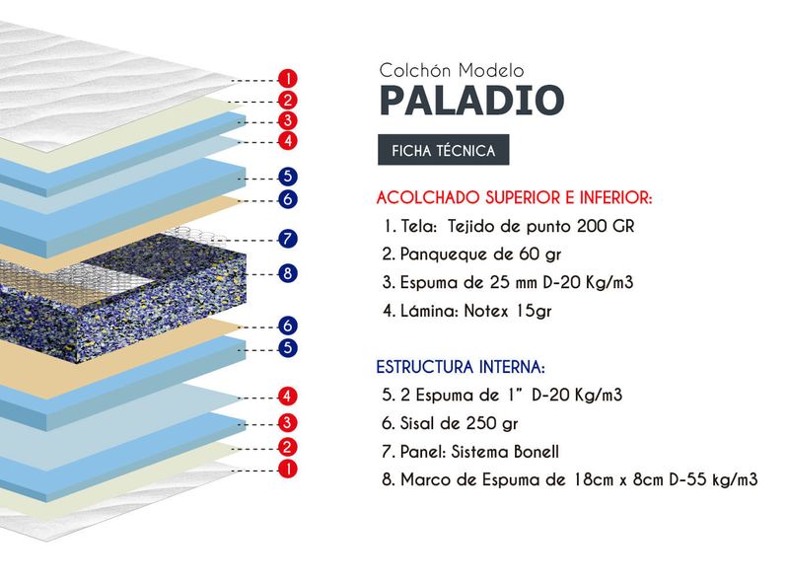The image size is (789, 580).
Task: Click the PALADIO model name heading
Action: [x=472, y=100]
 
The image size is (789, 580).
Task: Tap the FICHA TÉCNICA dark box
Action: [x=443, y=150]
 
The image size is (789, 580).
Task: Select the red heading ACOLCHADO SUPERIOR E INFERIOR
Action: [x=514, y=197]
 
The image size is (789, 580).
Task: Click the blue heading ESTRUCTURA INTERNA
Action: [x=461, y=367]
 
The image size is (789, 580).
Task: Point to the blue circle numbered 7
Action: [x=287, y=239]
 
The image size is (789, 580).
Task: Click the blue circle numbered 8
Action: [x=287, y=273]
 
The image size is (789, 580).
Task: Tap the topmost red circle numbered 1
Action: [x=288, y=79]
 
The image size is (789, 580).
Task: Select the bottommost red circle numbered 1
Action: [x=288, y=470]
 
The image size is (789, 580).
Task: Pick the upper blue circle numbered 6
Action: [x=287, y=199]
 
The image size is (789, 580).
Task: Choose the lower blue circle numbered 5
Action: [x=287, y=348]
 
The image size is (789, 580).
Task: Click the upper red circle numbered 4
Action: [x=288, y=140]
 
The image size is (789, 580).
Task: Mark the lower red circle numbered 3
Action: [x=287, y=422]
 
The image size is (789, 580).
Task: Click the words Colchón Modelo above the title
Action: [x=452, y=70]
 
